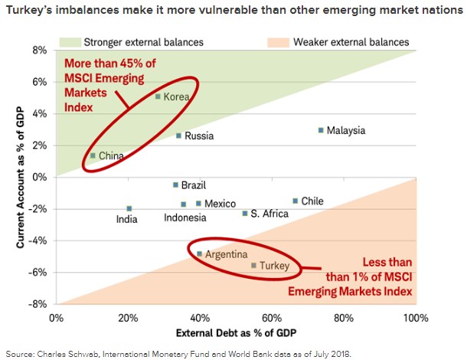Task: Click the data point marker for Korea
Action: (x=158, y=97)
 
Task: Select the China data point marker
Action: (x=93, y=155)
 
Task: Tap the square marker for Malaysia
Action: (x=321, y=130)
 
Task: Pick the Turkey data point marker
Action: (x=254, y=266)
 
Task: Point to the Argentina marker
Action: (x=200, y=254)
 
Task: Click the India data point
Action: (x=129, y=208)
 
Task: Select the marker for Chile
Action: (x=295, y=201)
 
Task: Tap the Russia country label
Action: (x=200, y=136)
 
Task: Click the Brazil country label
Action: (x=194, y=185)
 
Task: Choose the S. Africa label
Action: (x=269, y=214)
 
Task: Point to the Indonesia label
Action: (x=185, y=218)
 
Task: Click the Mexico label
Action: (x=220, y=204)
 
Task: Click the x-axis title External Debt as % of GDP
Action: (x=236, y=333)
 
